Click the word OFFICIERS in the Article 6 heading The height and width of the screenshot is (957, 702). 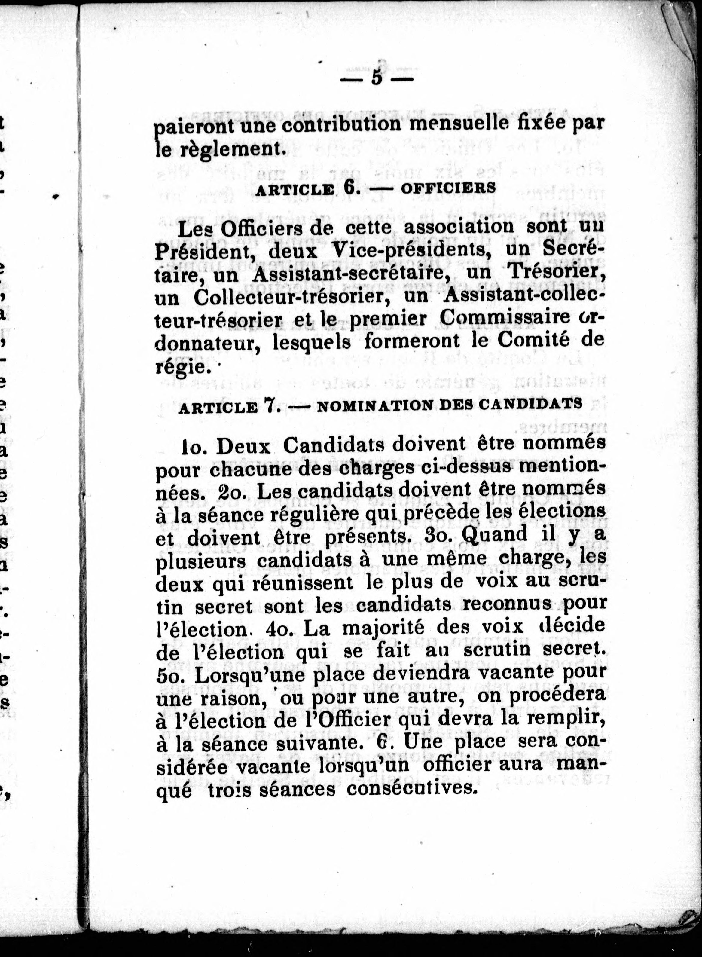click(x=448, y=188)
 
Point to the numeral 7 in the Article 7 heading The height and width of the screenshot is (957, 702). click(x=269, y=405)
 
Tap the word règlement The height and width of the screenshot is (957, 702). click(x=230, y=149)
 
